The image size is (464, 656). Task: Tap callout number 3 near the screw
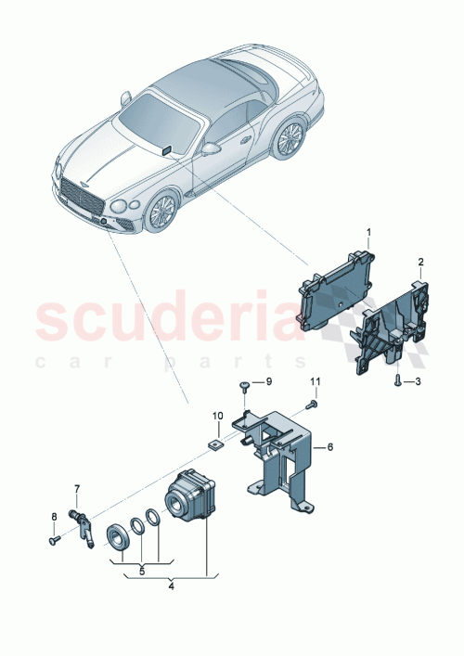point(418,381)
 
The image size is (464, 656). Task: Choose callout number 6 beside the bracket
point(329,446)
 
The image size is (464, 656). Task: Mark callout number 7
point(77,488)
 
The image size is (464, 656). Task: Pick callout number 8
point(54,518)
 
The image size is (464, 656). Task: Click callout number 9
point(269,381)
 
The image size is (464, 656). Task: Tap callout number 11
point(314,382)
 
